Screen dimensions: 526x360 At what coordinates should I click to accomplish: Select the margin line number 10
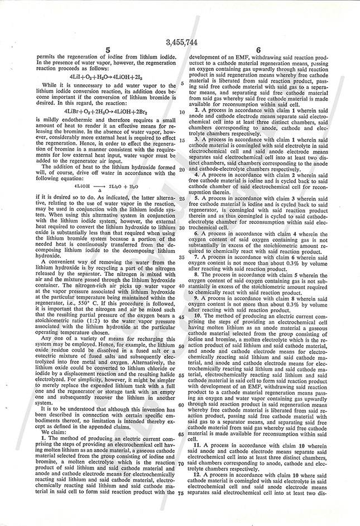(x=182, y=112)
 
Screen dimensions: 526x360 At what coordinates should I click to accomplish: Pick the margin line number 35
(x=182, y=257)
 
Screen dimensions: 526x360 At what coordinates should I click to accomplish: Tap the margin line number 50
(x=182, y=346)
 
